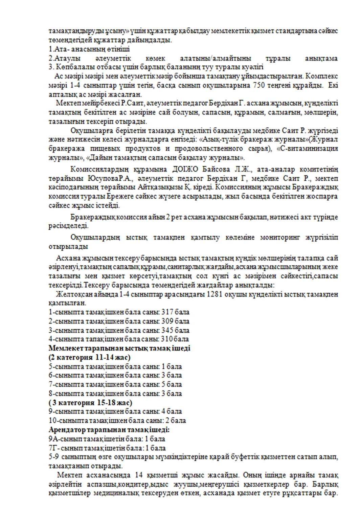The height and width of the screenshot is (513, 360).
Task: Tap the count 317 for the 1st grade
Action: click(x=168, y=312)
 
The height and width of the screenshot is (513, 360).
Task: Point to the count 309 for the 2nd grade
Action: click(x=168, y=321)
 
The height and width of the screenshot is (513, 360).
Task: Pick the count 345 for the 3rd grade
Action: click(x=168, y=330)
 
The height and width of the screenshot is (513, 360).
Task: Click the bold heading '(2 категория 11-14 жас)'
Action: click(x=90, y=357)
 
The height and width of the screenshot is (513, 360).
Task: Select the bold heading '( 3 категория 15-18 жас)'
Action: click(x=90, y=403)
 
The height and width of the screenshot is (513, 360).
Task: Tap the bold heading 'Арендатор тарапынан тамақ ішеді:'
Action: click(x=109, y=430)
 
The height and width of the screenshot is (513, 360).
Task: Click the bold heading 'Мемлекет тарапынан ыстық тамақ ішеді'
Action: click(x=119, y=348)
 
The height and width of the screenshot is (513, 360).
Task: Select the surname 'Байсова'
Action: click(x=216, y=169)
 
